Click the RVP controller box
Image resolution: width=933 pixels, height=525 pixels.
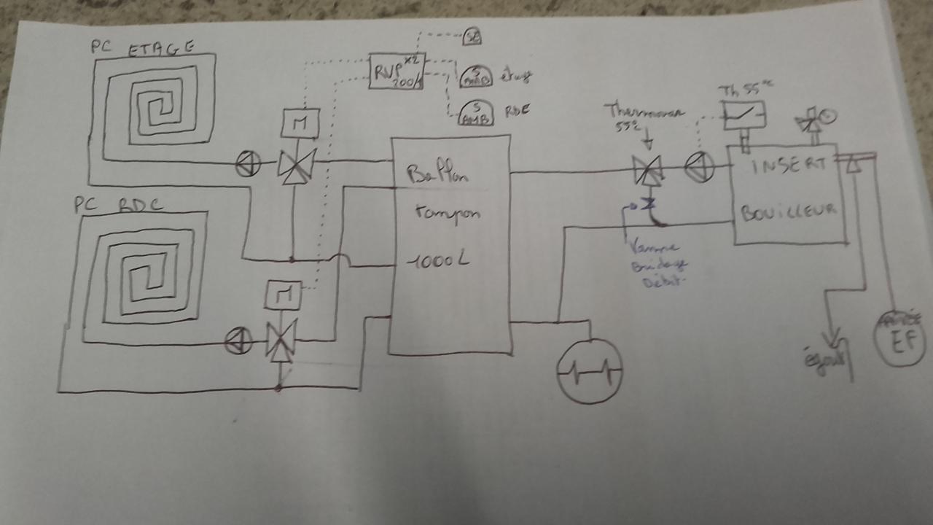pos(396,71)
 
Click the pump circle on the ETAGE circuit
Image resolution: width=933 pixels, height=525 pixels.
pos(248,165)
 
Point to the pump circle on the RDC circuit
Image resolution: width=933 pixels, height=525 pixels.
pos(238,340)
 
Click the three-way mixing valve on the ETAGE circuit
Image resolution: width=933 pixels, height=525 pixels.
pos(296,166)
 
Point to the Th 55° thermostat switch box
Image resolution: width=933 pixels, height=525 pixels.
pos(744,115)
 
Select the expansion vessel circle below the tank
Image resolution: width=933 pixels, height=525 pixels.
pos(589,371)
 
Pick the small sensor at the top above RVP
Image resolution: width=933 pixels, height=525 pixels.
pos(472,36)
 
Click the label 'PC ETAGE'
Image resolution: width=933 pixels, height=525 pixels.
pos(142,47)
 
